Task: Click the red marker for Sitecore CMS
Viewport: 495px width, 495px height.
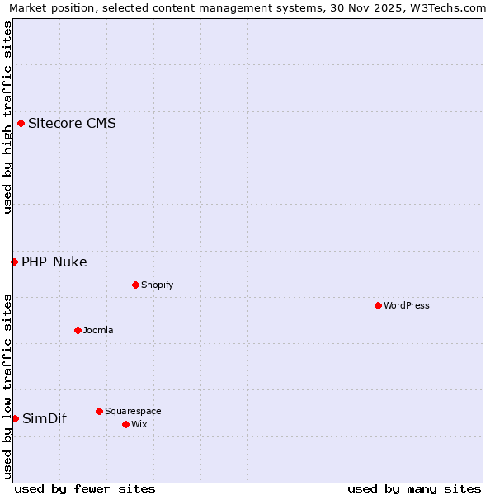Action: [21, 124]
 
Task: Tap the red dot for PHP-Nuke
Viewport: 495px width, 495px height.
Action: [14, 262]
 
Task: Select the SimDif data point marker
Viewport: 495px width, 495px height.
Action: [15, 419]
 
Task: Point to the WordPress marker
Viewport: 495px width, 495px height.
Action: [378, 305]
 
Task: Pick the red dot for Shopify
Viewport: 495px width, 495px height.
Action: [135, 285]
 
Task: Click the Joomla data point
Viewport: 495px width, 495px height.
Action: [78, 330]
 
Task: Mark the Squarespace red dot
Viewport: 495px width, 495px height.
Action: [99, 411]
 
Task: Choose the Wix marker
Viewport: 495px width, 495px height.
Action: [125, 424]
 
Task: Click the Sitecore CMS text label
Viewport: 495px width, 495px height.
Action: [72, 124]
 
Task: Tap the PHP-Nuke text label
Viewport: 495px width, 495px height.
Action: [54, 262]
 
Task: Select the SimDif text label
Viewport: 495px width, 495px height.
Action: [45, 419]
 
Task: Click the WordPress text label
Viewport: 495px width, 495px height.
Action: [407, 305]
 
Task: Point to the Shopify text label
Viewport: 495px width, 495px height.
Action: [157, 285]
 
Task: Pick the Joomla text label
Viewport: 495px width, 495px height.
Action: [98, 330]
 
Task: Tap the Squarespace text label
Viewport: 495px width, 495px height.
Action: [133, 411]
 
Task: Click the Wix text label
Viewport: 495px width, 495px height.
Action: [139, 424]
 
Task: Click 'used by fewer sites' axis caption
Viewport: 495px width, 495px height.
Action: [85, 488]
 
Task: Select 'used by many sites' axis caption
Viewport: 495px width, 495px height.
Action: [414, 488]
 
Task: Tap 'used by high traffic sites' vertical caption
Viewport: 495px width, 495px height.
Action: [7, 117]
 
